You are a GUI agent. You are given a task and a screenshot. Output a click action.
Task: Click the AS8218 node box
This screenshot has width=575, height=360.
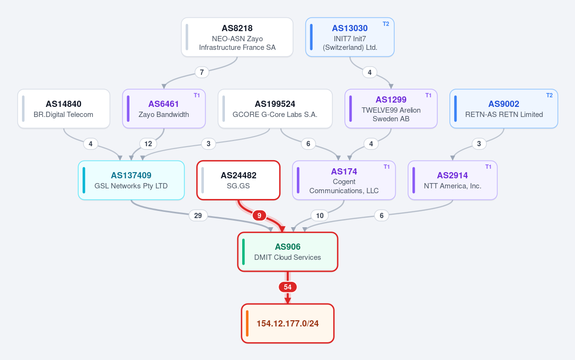pos(237,37)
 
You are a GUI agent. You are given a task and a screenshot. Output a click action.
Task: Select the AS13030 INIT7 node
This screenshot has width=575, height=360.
pos(350,37)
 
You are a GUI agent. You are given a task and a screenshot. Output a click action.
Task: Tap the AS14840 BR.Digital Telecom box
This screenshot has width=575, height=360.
pos(64,109)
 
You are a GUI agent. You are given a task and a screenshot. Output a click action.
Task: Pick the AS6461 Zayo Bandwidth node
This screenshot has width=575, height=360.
pos(164,109)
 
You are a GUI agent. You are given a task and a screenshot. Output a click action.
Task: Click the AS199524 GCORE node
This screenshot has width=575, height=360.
pos(275,109)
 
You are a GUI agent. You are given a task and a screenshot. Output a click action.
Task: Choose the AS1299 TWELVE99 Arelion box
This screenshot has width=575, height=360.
pos(391,109)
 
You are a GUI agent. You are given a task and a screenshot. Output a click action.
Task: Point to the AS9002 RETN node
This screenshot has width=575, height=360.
pos(504,109)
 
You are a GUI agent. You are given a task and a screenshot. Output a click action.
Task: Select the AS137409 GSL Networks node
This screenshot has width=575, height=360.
pos(131,180)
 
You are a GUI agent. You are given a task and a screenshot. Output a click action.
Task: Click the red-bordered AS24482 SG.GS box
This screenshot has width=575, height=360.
pos(238,180)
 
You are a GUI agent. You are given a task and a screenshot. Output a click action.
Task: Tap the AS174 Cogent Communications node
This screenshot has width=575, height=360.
pos(344,180)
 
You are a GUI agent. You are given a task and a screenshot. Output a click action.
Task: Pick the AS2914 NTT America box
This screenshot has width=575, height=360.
pos(453,180)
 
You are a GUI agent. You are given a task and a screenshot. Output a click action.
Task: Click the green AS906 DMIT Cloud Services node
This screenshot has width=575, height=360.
pos(288,252)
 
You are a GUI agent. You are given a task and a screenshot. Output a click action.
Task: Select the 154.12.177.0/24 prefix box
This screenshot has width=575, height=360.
pos(288,324)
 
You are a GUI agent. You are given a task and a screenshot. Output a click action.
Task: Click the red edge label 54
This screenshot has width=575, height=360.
pos(288,287)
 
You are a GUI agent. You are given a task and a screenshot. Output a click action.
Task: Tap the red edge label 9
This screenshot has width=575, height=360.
pos(259,216)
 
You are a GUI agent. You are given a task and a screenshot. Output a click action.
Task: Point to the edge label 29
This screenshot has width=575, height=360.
pos(198,216)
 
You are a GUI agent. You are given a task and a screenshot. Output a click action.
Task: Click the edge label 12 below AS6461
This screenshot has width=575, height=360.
pos(148,144)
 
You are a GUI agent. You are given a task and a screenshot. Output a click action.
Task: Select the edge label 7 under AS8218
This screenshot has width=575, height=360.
pos(202,72)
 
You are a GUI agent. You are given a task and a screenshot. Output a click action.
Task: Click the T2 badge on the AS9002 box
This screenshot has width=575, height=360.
pos(549,95)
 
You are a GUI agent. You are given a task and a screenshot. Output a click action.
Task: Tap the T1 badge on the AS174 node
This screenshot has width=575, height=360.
pos(387,167)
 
